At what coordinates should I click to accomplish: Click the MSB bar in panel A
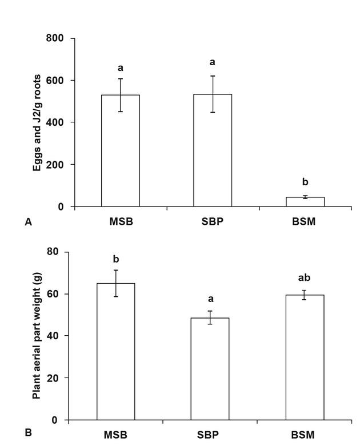click(x=121, y=150)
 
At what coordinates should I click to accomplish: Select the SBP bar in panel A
click(x=213, y=150)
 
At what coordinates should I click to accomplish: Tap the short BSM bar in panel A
click(x=305, y=201)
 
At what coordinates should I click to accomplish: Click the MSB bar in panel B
click(x=115, y=351)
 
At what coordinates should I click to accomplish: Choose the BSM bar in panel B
click(x=305, y=357)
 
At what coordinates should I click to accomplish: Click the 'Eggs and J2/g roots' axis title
click(x=37, y=122)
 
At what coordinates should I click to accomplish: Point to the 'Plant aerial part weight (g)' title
click(x=37, y=335)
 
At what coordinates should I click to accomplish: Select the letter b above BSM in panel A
click(x=305, y=182)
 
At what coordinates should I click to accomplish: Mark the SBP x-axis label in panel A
click(x=213, y=221)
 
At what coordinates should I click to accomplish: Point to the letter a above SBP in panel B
click(x=210, y=299)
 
